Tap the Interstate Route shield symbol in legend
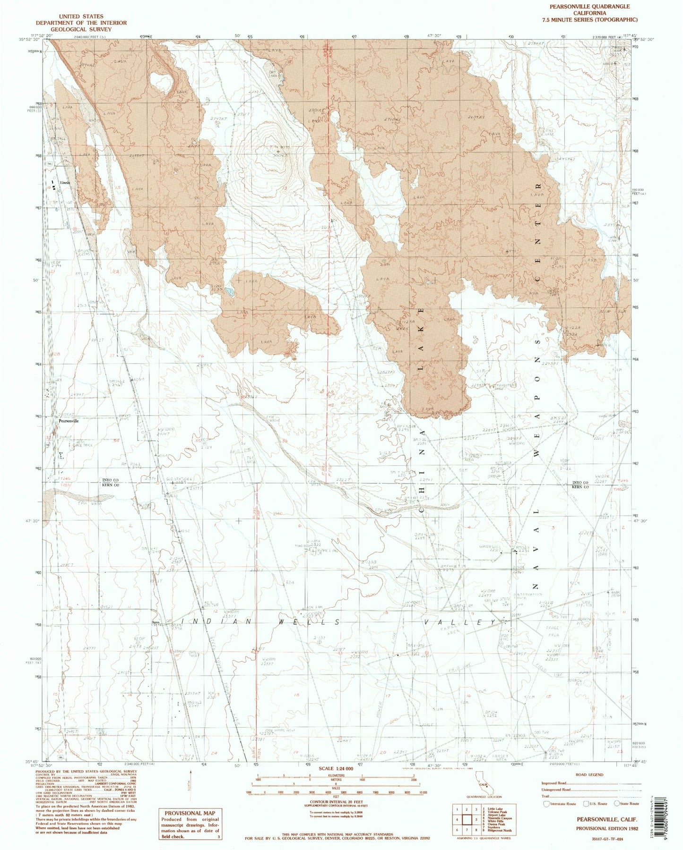(x=547, y=803)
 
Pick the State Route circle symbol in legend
(x=617, y=803)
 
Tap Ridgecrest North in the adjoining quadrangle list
(x=501, y=831)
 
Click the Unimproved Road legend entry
(x=556, y=789)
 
